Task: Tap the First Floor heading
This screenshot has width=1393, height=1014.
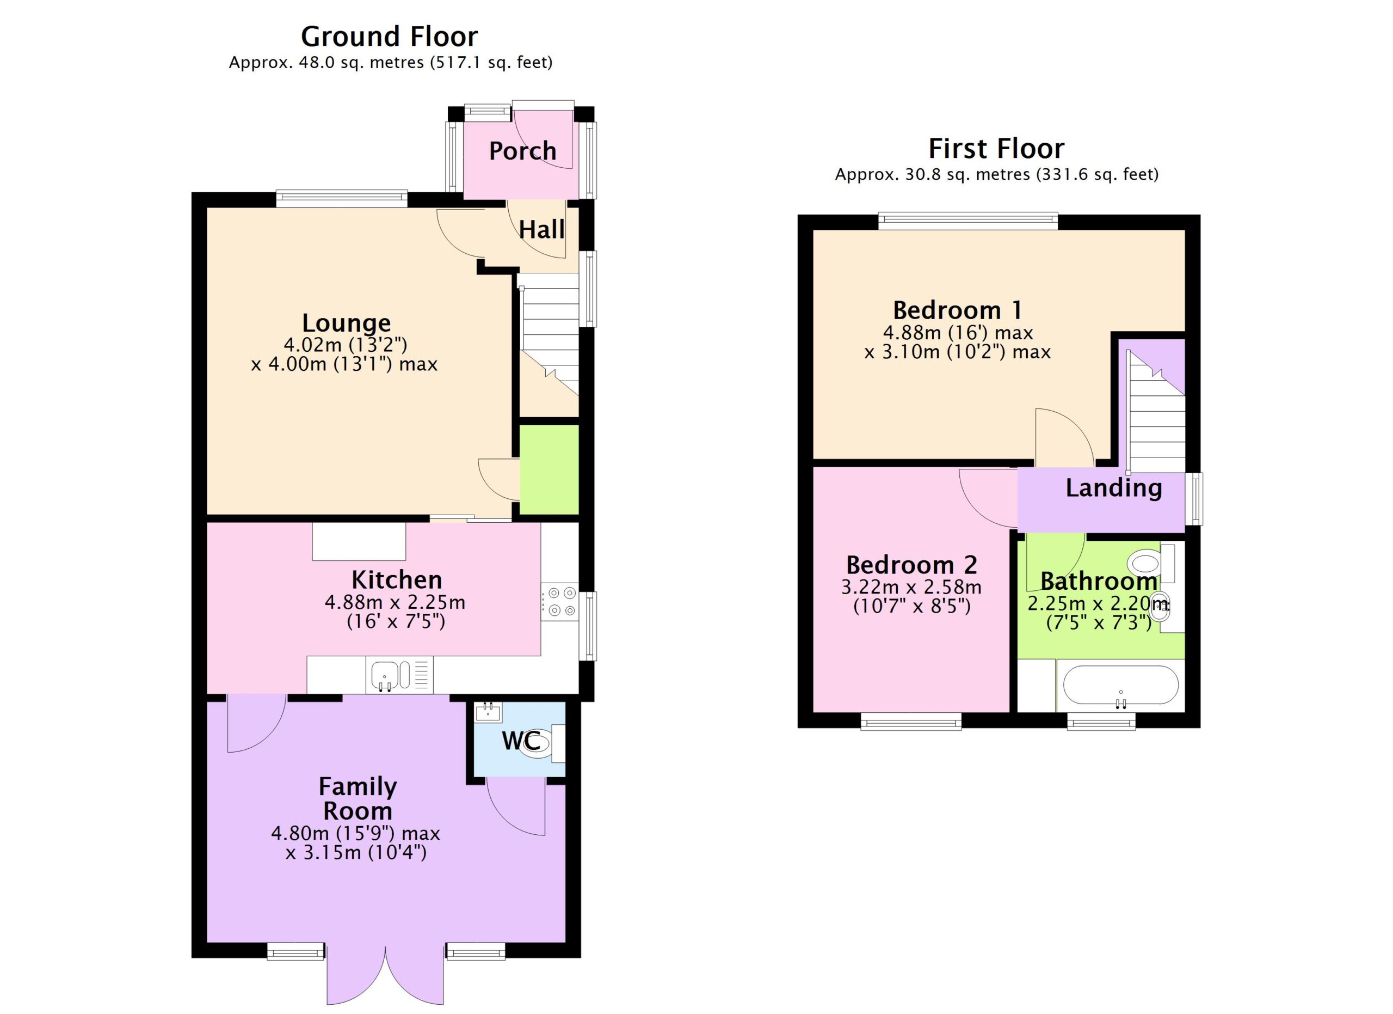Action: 996,149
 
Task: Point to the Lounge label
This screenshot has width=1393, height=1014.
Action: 347,323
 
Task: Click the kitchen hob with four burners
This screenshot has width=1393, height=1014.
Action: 559,602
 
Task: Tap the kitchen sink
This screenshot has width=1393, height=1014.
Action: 399,675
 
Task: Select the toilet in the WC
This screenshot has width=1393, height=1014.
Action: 544,743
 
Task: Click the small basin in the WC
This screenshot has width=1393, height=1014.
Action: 488,712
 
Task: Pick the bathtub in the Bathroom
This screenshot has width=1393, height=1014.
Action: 1120,685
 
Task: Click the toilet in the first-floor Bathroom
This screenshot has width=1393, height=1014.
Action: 1150,563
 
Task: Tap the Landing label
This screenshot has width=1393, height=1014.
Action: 1113,488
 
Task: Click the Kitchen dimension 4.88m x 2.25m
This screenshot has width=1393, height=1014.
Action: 395,602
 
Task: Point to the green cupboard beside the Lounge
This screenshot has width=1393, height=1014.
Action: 549,469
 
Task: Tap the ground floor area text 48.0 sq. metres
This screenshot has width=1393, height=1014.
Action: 361,63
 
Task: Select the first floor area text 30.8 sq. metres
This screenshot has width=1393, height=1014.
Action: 967,174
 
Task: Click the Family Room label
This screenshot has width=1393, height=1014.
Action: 358,799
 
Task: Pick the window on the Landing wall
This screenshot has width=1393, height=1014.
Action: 1193,499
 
